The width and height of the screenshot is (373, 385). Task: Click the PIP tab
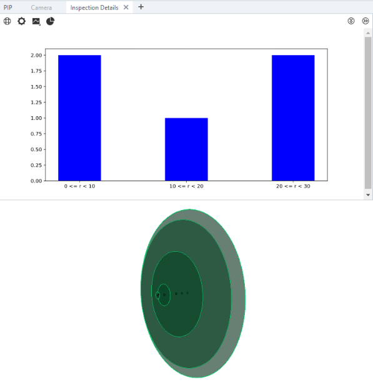[x=8, y=7]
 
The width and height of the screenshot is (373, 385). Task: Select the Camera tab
[x=41, y=7]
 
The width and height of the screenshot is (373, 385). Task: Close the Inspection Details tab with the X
[x=126, y=7]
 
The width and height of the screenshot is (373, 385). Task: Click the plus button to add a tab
[x=141, y=7]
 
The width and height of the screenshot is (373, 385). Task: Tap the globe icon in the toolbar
[x=7, y=21]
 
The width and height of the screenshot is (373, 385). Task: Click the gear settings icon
[x=22, y=21]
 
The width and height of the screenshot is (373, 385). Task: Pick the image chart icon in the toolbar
[x=36, y=21]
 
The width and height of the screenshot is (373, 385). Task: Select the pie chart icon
[x=51, y=21]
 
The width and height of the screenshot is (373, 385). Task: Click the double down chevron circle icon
[x=351, y=21]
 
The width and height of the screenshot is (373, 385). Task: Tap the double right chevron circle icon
[x=366, y=21]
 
